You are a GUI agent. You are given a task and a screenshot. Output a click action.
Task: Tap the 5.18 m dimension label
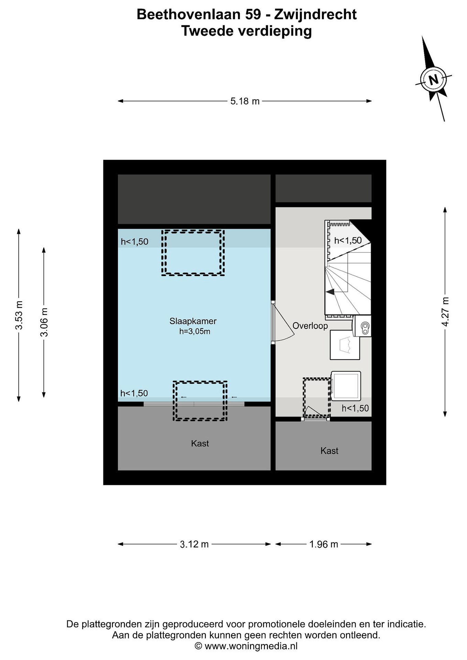coord(245,101)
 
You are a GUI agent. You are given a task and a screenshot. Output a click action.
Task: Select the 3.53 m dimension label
coord(19,315)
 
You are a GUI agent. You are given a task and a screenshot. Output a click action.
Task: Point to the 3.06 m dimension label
coord(44,322)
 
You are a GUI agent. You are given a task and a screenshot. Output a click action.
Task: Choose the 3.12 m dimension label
coord(194,544)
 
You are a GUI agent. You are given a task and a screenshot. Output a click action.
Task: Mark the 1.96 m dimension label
coord(323,544)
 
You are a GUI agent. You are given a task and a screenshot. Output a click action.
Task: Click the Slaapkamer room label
coord(193,321)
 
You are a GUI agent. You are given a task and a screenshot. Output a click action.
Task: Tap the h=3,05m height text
coord(195,331)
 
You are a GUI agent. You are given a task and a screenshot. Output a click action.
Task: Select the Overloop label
coord(310,326)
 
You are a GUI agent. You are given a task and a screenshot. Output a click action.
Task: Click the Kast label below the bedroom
coord(200,443)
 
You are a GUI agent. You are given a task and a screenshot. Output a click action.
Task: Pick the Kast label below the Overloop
coord(329,451)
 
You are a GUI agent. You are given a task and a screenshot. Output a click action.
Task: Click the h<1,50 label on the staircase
coord(348,240)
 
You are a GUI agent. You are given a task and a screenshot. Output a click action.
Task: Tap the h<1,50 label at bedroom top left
coord(135,242)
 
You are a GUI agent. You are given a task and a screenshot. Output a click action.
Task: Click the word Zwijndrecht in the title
coord(315,15)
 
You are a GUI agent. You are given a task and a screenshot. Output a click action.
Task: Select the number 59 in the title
coord(253,14)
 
